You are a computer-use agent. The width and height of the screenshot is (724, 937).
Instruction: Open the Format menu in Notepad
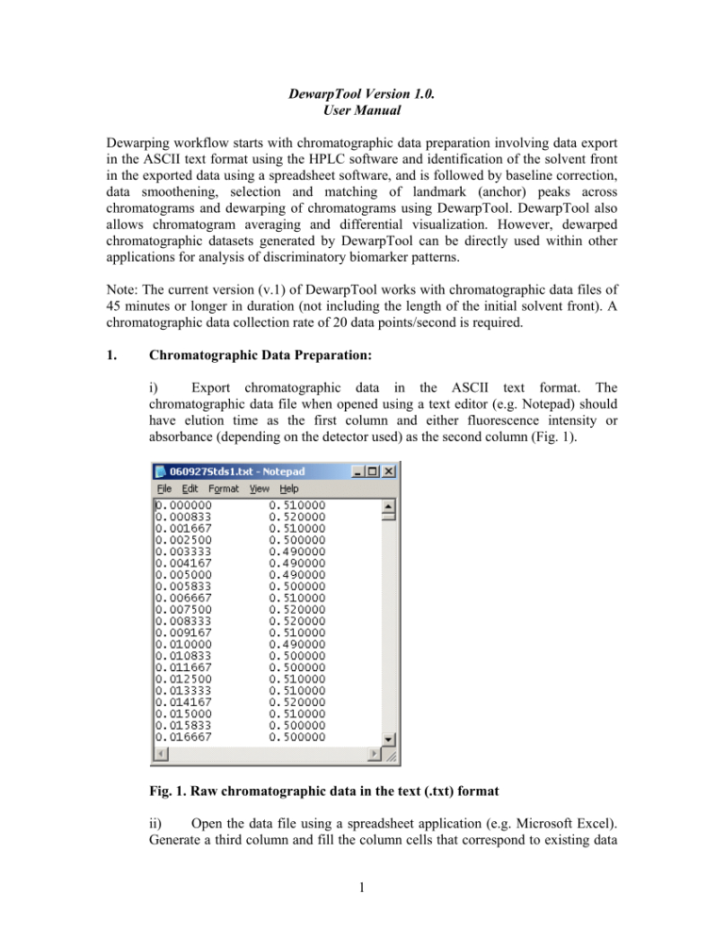point(223,488)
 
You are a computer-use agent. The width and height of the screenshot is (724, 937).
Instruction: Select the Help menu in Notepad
point(289,488)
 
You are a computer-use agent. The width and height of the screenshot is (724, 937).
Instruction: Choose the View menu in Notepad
point(259,488)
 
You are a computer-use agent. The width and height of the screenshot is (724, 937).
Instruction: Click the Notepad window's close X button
point(391,470)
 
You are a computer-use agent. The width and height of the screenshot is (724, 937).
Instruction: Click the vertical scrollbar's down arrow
point(387,738)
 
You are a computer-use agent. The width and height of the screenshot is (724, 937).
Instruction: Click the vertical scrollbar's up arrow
point(387,505)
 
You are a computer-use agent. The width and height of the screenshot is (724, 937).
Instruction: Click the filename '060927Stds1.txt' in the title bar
point(210,470)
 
